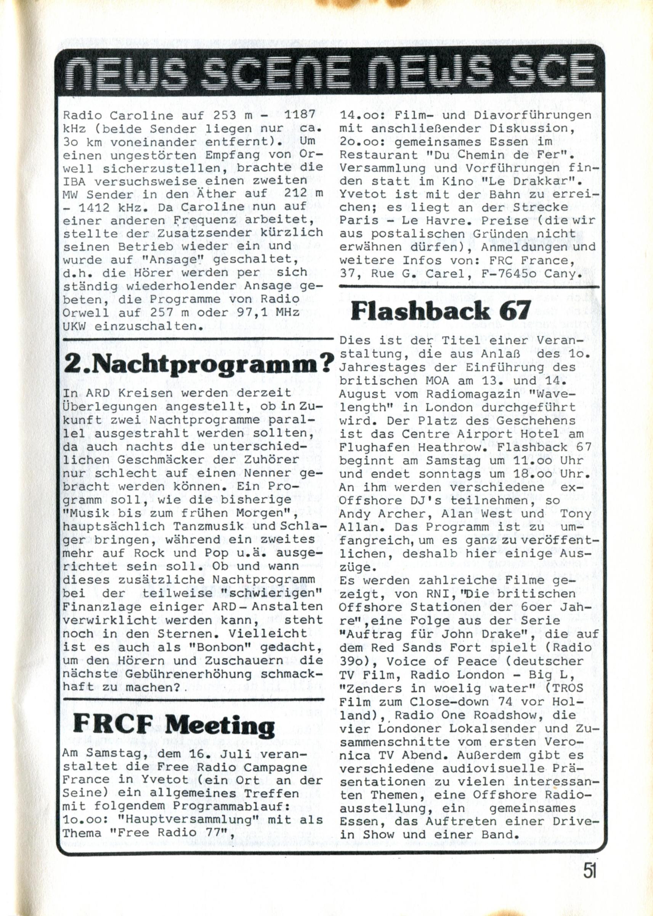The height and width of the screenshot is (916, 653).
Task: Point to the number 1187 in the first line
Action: click(299, 115)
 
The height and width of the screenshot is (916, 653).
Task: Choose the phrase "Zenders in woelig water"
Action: click(441, 688)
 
